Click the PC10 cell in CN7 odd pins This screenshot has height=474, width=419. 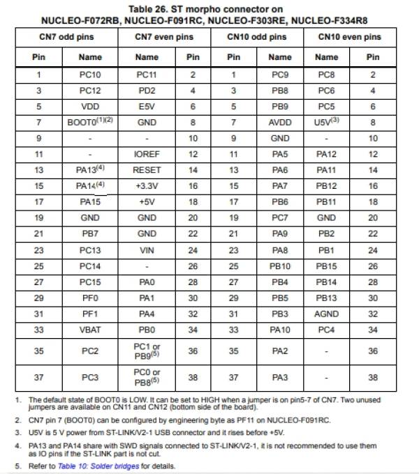(x=89, y=74)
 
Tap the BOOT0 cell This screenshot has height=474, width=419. (x=89, y=121)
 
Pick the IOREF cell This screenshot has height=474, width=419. (x=147, y=154)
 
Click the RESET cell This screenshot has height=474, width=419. (x=147, y=169)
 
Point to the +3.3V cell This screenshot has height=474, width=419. (x=147, y=185)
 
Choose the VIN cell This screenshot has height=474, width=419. (x=147, y=250)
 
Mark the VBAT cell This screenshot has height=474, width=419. (x=89, y=330)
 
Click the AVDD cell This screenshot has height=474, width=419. (x=280, y=121)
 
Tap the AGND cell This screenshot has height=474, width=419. (x=326, y=314)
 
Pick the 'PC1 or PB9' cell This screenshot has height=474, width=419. (x=147, y=351)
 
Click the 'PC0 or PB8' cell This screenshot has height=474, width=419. (x=147, y=376)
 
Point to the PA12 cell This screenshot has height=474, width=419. (x=326, y=154)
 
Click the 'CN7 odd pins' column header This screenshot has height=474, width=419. (x=66, y=36)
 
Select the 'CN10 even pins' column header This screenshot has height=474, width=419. (x=349, y=36)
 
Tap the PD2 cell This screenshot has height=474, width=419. (x=147, y=90)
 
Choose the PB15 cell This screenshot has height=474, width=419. (x=326, y=266)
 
